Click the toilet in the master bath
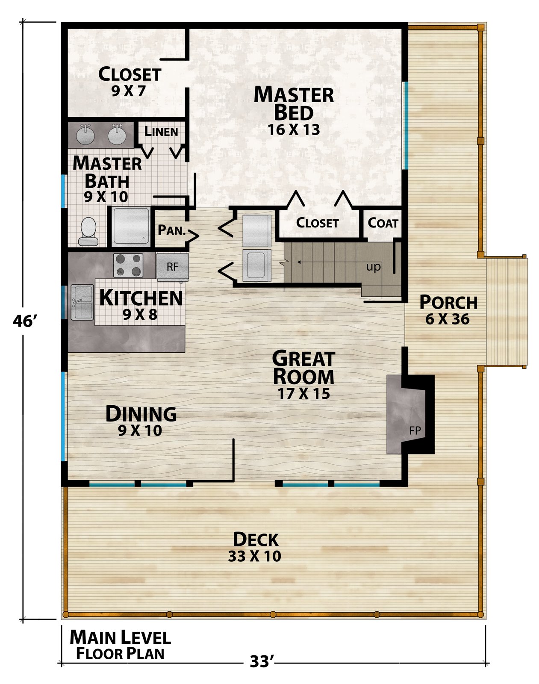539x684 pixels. [x=88, y=231]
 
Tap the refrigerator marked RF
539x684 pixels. [x=173, y=267]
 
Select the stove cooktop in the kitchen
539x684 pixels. [x=128, y=265]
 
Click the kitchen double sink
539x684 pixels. [x=82, y=302]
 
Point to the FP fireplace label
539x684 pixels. [x=415, y=430]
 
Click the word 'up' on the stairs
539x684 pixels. [x=374, y=267]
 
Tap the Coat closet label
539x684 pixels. [x=383, y=223]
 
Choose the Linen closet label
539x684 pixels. [x=161, y=131]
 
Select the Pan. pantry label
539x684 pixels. [x=171, y=230]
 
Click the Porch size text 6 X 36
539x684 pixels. [x=448, y=319]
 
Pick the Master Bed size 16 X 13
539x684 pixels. [x=294, y=130]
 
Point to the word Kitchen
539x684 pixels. [x=141, y=298]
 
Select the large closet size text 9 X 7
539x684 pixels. [x=128, y=91]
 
